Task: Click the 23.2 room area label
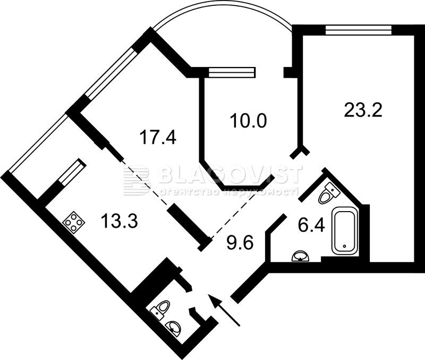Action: pyautogui.click(x=363, y=111)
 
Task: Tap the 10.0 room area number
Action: pyautogui.click(x=249, y=121)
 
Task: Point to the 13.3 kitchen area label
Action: pyautogui.click(x=119, y=220)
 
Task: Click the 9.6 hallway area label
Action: pyautogui.click(x=240, y=242)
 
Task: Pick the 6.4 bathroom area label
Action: pyautogui.click(x=311, y=225)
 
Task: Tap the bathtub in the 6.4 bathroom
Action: pyautogui.click(x=344, y=231)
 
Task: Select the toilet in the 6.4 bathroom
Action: pyautogui.click(x=328, y=193)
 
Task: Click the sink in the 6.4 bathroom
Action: pyautogui.click(x=300, y=256)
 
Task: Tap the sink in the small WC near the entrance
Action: pyautogui.click(x=174, y=326)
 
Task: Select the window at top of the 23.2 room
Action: pyautogui.click(x=359, y=30)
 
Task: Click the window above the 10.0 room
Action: pyautogui.click(x=232, y=72)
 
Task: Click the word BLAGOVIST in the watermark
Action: pyautogui.click(x=229, y=175)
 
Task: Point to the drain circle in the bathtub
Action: pyautogui.click(x=344, y=246)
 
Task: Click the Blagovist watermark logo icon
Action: pyautogui.click(x=136, y=180)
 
